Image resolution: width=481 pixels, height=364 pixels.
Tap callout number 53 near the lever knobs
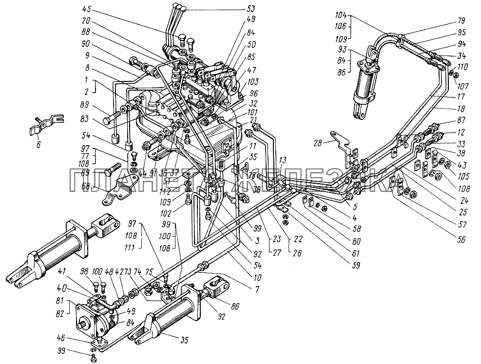click(251, 8)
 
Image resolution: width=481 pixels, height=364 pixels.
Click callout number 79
click(461, 21)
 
